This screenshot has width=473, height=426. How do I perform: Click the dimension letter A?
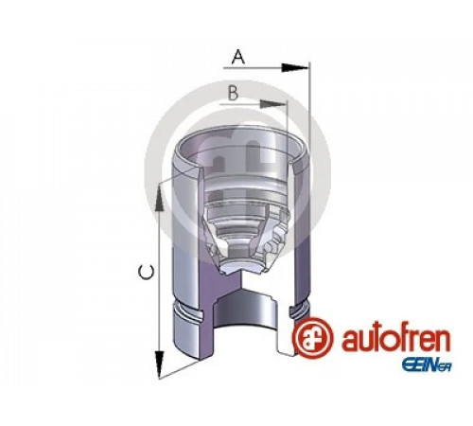[x=238, y=58]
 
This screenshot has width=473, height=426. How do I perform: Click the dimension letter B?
[x=233, y=94]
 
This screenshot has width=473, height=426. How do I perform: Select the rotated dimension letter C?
[x=147, y=273]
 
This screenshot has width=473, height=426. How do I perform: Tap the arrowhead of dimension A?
[x=294, y=67]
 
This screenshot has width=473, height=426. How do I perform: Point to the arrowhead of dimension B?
[x=273, y=104]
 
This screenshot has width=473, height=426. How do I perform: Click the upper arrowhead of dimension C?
[x=159, y=197]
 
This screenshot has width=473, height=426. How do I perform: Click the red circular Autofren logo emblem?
[x=312, y=338]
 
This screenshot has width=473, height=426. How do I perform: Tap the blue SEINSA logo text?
[x=426, y=365]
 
